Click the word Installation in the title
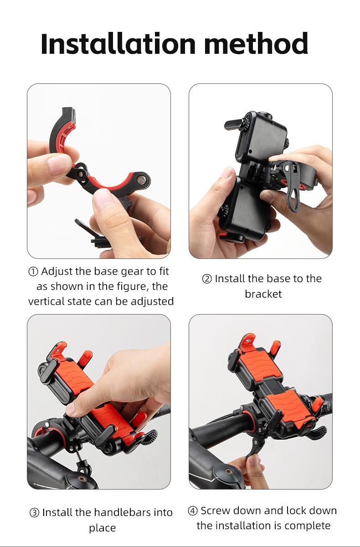pyautogui.click(x=118, y=44)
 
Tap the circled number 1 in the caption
pyautogui.click(x=33, y=272)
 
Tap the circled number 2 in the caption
pyautogui.click(x=207, y=279)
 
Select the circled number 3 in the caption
pyautogui.click(x=34, y=513)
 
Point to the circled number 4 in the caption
pyautogui.click(x=193, y=511)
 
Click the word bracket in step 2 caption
pyautogui.click(x=263, y=294)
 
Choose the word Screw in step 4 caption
pyautogui.click(x=216, y=511)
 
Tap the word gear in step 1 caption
pyautogui.click(x=132, y=271)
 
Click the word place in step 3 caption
pyautogui.click(x=103, y=528)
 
